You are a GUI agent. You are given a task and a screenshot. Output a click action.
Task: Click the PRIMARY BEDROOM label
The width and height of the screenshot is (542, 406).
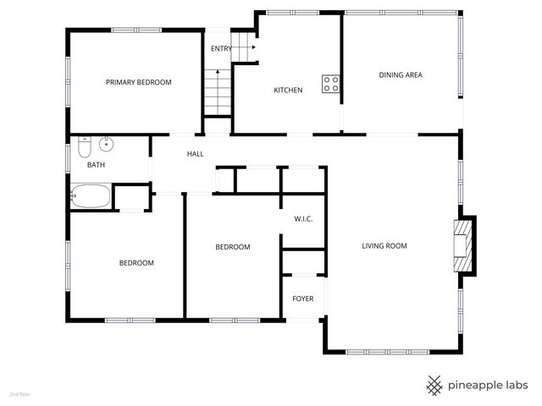coord(138,82)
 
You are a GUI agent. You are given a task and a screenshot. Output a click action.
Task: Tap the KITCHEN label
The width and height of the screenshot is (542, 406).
coord(288,91)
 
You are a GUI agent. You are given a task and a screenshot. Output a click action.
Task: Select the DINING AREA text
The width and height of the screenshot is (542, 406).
coord(400,75)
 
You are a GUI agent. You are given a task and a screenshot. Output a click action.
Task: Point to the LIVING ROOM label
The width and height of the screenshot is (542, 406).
coord(384,246)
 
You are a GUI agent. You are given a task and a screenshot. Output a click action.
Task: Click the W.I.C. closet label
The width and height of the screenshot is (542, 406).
coord(303,219)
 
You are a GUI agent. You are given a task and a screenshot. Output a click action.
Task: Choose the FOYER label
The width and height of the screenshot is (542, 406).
coord(302,299)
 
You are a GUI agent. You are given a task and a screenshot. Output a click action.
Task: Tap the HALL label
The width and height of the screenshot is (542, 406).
coord(196,154)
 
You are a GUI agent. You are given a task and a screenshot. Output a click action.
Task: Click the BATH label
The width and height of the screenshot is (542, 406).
coord(96,165)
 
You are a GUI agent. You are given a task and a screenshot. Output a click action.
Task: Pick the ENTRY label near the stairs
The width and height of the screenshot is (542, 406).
coord(221,48)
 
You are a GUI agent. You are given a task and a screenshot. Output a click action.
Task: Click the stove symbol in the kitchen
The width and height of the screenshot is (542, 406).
coord(331,83)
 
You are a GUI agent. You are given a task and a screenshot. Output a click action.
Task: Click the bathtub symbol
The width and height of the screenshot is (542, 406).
coord(91,197)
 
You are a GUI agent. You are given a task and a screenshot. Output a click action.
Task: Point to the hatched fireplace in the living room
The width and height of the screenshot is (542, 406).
coord(462,245)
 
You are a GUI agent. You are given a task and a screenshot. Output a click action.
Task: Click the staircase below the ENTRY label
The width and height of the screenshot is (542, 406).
coord(217,94)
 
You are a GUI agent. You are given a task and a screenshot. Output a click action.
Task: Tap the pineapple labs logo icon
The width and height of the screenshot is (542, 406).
coord(434,385)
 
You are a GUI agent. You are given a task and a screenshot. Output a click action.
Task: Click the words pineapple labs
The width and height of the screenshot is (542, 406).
coord(489,385)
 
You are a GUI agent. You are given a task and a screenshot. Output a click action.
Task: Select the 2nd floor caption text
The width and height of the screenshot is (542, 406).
coord(19,394)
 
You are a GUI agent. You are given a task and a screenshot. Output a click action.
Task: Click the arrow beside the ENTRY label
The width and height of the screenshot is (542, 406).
coord(241,48)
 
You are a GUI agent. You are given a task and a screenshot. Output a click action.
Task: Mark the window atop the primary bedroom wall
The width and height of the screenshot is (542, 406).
coord(136,30)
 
